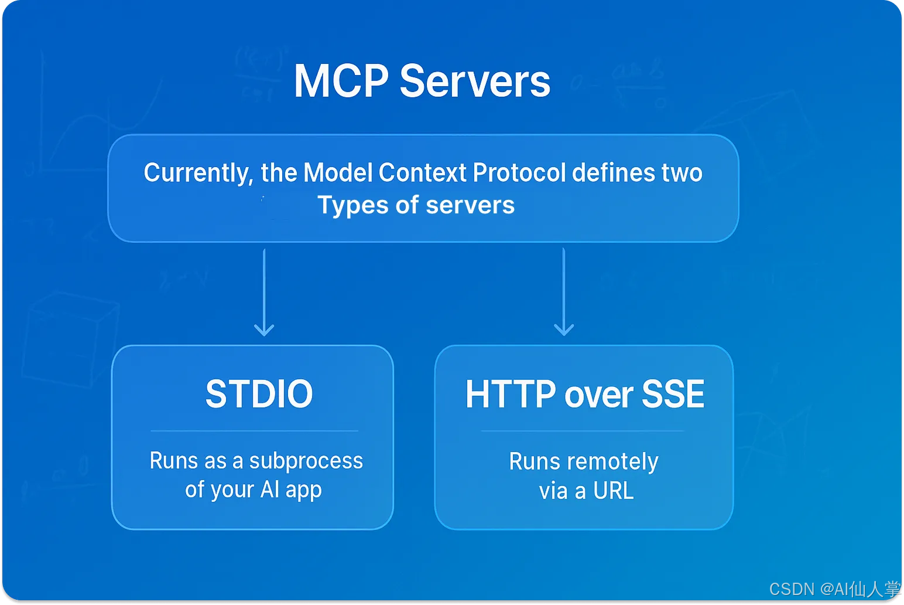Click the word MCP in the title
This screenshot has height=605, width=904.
click(341, 81)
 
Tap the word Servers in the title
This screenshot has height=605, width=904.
click(475, 81)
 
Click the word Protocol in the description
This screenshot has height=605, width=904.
click(519, 173)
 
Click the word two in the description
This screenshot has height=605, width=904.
click(682, 173)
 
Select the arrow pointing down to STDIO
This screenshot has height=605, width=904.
click(264, 293)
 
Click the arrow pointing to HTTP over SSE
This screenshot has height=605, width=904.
click(564, 293)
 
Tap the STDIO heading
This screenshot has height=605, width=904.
click(259, 394)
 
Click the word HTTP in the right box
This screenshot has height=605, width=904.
click(511, 395)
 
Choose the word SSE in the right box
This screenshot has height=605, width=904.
click(673, 395)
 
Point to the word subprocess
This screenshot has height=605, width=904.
click(306, 461)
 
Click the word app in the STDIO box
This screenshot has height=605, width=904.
click(303, 490)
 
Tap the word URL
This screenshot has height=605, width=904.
click(613, 491)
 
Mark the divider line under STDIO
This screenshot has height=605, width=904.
click(254, 431)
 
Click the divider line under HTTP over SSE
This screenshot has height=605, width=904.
click(583, 431)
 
